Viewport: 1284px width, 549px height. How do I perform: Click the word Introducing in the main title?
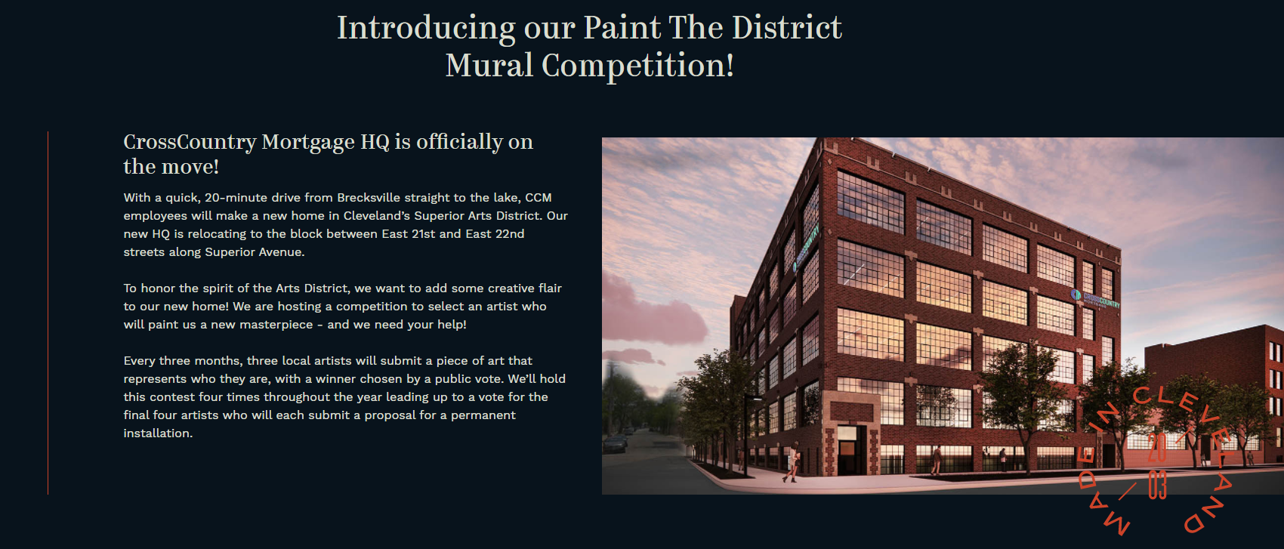(426, 29)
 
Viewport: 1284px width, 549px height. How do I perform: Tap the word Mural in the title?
(489, 65)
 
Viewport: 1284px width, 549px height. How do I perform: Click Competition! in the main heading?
(638, 66)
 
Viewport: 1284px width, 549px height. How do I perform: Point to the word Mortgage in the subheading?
(308, 142)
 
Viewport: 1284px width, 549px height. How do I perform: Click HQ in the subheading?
(375, 142)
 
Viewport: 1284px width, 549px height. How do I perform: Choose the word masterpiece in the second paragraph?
(276, 325)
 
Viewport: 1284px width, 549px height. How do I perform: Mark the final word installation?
(158, 433)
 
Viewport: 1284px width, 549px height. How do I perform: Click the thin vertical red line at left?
(48, 313)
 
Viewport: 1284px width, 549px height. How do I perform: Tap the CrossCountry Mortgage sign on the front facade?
(1095, 299)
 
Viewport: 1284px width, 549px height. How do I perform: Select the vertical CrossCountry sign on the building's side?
(805, 250)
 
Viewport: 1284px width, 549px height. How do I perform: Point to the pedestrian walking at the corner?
(792, 462)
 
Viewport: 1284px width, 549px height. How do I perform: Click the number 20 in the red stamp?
(1157, 448)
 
